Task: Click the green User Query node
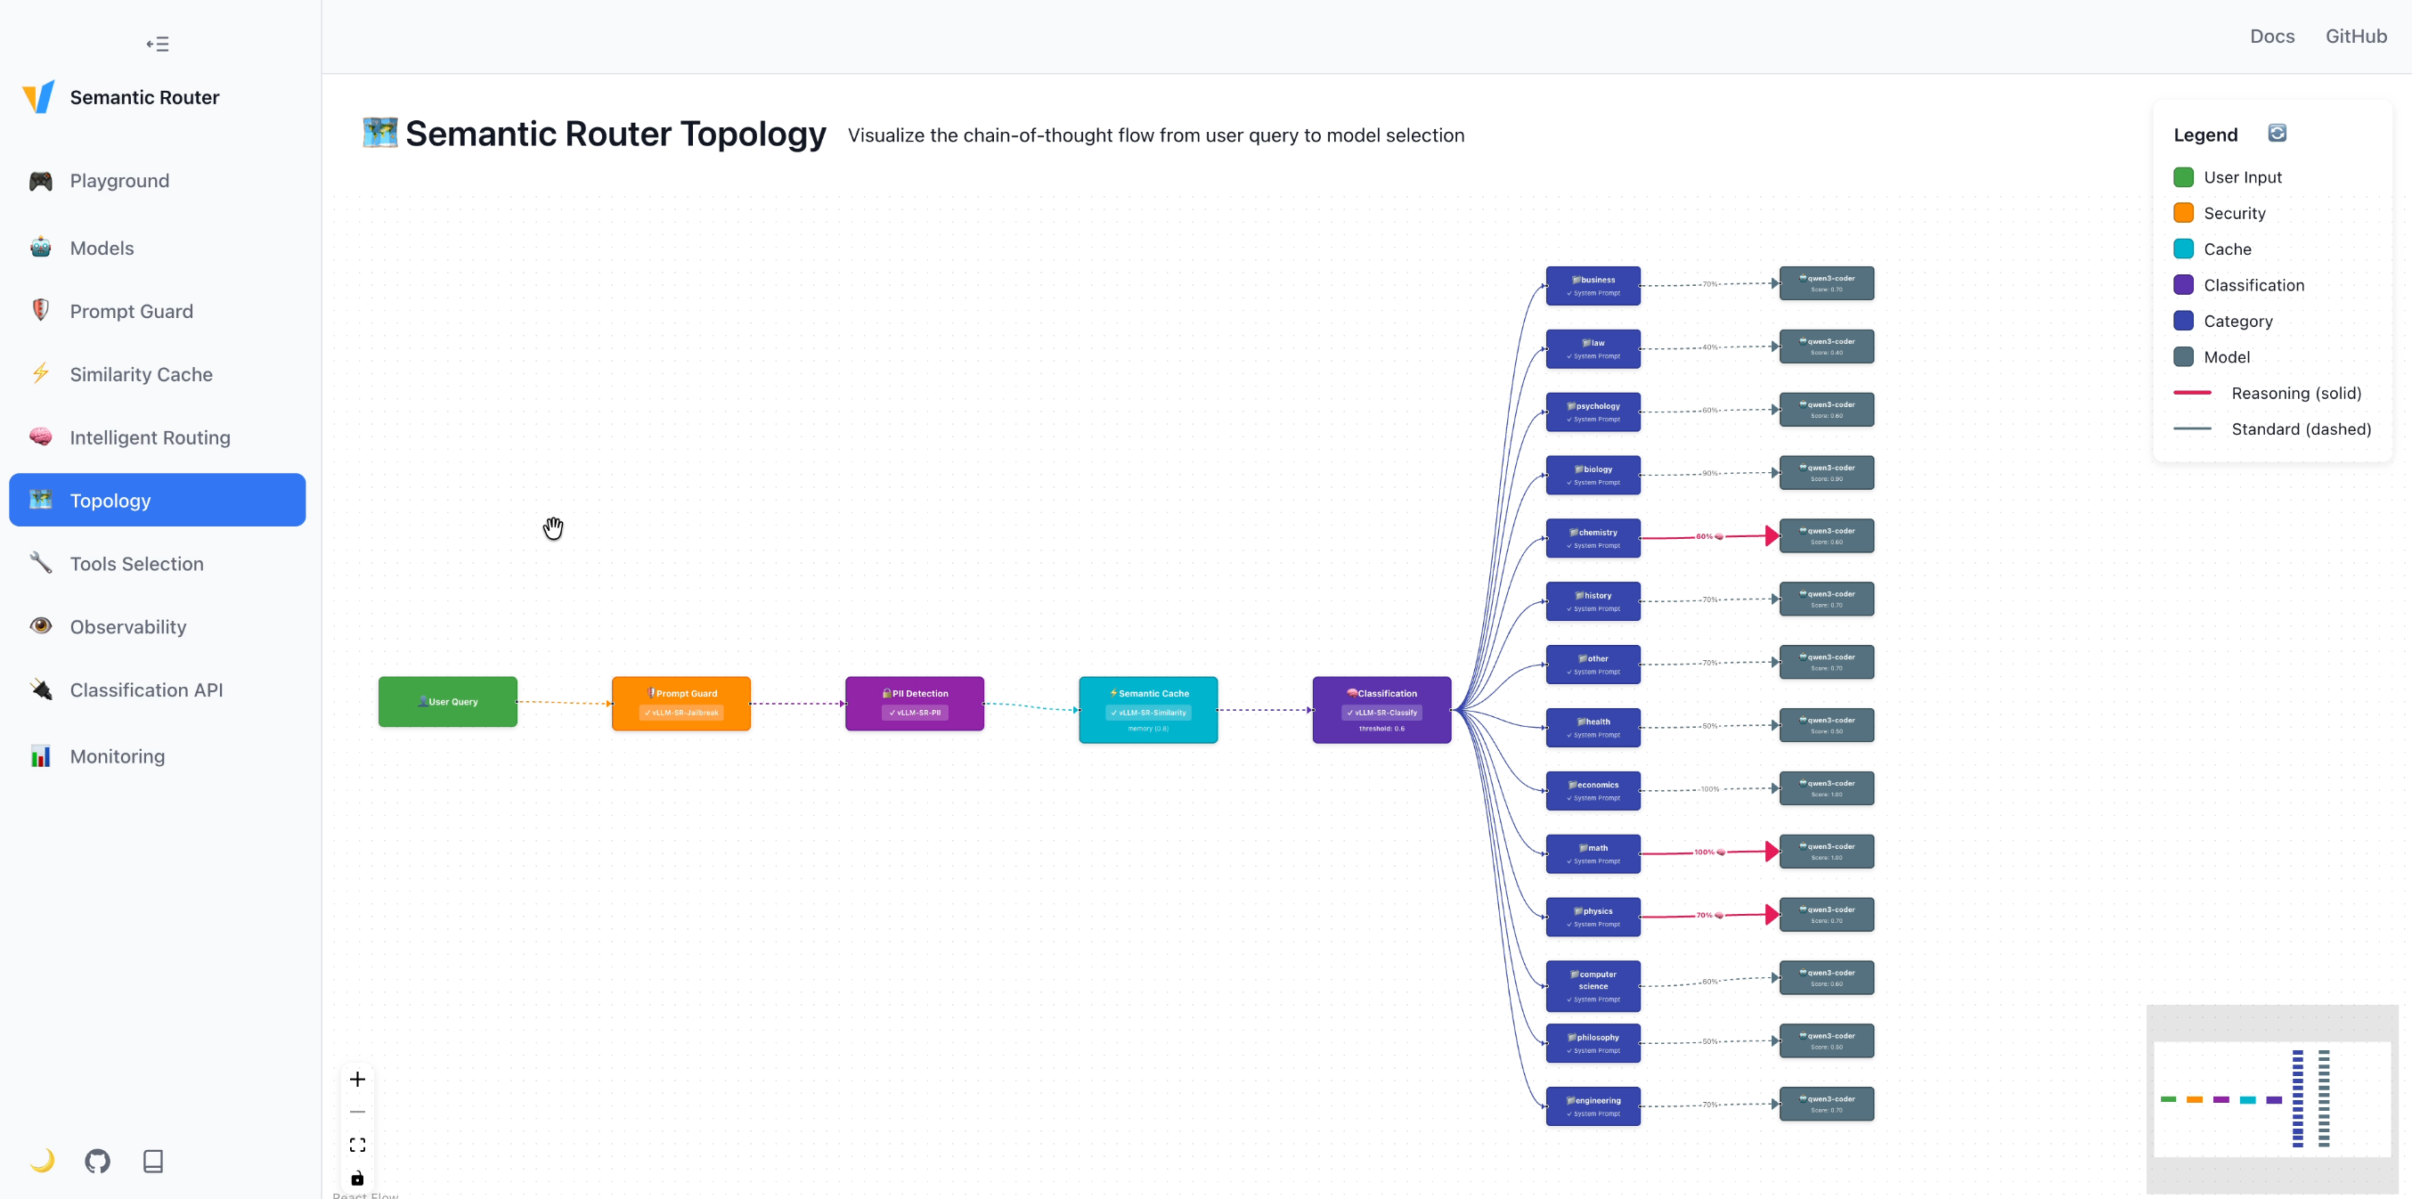click(x=447, y=702)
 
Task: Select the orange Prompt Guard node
click(x=680, y=704)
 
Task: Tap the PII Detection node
click(x=914, y=704)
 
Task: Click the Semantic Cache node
click(x=1148, y=709)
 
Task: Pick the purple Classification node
click(x=1381, y=709)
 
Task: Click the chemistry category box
click(x=1593, y=538)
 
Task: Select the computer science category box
click(x=1593, y=985)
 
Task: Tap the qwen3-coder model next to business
click(x=1826, y=283)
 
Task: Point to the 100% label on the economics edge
click(x=1710, y=788)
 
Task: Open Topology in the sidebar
click(x=158, y=501)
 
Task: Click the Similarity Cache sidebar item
click(x=141, y=375)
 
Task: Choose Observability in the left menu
click(x=128, y=626)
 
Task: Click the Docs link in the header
click(x=2271, y=36)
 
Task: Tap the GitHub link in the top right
click(x=2356, y=36)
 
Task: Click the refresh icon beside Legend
click(x=2278, y=133)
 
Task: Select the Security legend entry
click(x=2233, y=213)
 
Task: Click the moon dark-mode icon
click(x=42, y=1161)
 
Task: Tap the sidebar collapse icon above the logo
click(x=158, y=44)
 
